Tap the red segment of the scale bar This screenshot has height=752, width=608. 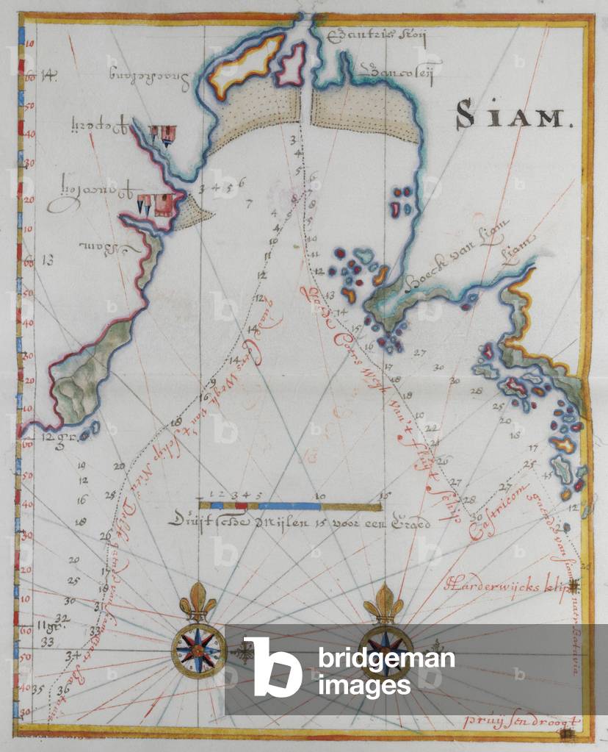(x=240, y=506)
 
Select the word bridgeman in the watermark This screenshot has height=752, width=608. (x=386, y=659)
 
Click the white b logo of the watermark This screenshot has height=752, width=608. (x=272, y=666)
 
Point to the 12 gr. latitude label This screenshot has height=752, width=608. (x=54, y=437)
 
